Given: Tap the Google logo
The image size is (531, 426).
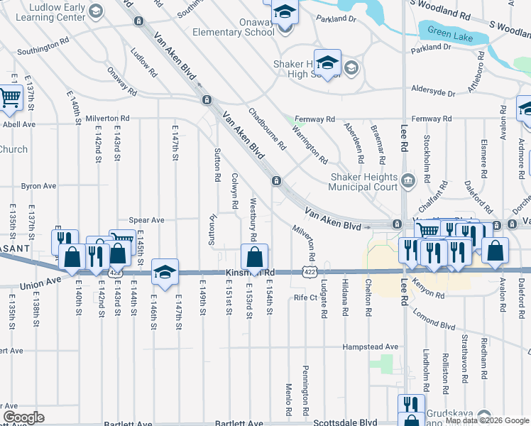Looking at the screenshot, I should click(23, 417).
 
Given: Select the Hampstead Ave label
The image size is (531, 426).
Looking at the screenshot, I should click(370, 346).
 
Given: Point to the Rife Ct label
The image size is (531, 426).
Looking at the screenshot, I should click(305, 297).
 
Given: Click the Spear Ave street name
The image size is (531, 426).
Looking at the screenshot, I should click(146, 220).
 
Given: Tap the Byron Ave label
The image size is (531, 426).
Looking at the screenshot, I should click(38, 186).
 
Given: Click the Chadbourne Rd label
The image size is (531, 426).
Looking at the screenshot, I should click(267, 129).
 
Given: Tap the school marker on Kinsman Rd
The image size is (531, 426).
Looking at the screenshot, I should click(165, 271).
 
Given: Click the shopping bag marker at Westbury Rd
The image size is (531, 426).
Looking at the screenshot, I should click(254, 257).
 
